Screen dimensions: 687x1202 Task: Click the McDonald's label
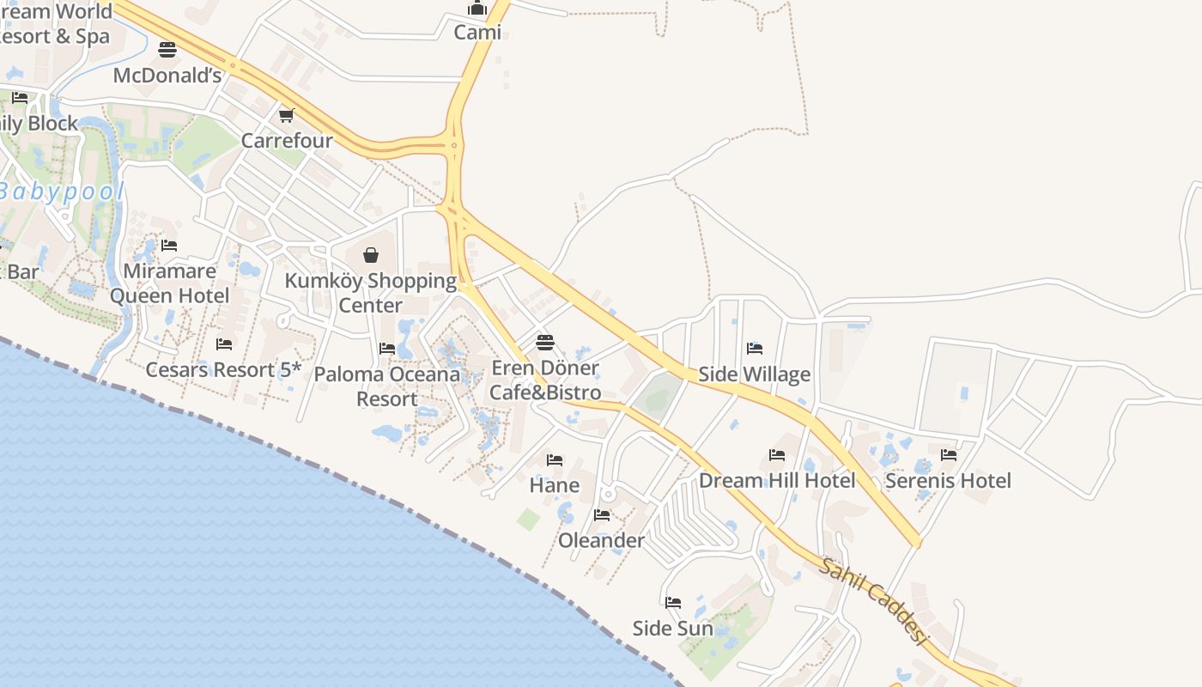167,76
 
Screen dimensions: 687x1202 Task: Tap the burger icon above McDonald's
167,50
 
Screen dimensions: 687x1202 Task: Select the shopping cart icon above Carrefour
287,115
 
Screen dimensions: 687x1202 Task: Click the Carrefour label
287,140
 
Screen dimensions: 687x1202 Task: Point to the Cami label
477,33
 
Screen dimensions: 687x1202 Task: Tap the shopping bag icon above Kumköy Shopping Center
371,255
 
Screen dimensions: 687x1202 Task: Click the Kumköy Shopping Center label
371,293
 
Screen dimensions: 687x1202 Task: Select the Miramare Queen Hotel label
170,283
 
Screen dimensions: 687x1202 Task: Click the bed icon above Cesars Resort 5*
224,344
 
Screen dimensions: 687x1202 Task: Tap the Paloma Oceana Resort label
387,386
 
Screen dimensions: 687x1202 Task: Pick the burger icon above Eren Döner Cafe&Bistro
545,343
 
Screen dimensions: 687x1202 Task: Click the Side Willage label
755,374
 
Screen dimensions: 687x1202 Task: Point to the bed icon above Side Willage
755,348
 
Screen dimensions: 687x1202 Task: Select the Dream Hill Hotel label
777,480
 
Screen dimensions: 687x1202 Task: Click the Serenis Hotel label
948,480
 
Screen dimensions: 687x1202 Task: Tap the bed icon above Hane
555,460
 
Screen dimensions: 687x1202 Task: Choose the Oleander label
601,540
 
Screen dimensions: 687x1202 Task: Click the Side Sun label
673,628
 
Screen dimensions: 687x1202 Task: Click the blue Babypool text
62,192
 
